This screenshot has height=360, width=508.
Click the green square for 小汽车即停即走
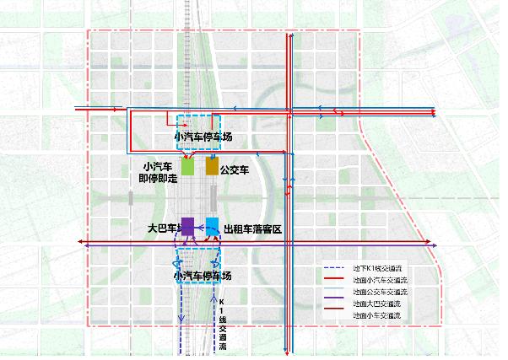pyautogui.click(x=188, y=166)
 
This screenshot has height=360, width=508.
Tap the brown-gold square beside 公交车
pyautogui.click(x=212, y=166)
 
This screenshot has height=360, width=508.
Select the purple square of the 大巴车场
pyautogui.click(x=188, y=225)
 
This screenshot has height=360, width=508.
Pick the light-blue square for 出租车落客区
pyautogui.click(x=212, y=225)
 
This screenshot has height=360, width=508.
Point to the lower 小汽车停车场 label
pyautogui.click(x=203, y=276)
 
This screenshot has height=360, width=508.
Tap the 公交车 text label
pyautogui.click(x=234, y=169)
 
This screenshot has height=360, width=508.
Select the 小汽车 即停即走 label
pyautogui.click(x=159, y=172)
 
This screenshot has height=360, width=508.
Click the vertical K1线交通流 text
pyautogui.click(x=222, y=324)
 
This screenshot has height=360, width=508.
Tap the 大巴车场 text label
pyautogui.click(x=163, y=228)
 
